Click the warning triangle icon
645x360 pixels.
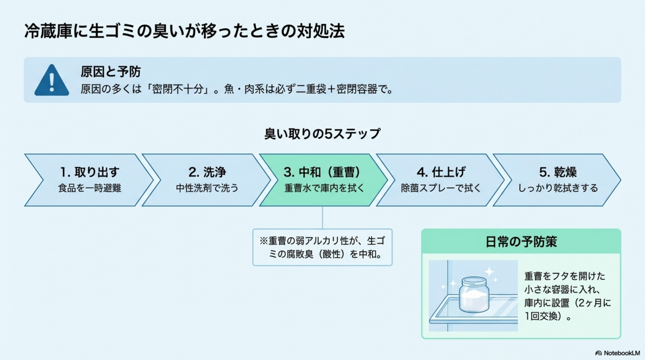52,81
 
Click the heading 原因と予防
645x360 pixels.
111,72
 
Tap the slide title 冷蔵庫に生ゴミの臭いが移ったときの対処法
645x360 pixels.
184,31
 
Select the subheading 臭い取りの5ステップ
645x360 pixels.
322,134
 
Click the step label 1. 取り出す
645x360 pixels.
90,172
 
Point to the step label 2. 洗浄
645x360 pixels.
207,172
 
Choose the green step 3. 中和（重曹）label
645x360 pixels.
322,172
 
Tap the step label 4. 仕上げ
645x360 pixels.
441,172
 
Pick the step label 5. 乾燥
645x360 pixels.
558,172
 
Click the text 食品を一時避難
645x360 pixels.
90,188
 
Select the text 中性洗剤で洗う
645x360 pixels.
207,188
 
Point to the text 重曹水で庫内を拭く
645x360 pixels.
324,188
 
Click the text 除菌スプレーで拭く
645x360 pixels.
441,188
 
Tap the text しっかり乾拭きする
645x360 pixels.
558,188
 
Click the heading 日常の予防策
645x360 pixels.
521,241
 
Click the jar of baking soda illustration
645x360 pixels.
474,297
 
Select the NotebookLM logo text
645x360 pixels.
621,353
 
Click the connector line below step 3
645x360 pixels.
322,218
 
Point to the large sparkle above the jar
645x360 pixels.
489,271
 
